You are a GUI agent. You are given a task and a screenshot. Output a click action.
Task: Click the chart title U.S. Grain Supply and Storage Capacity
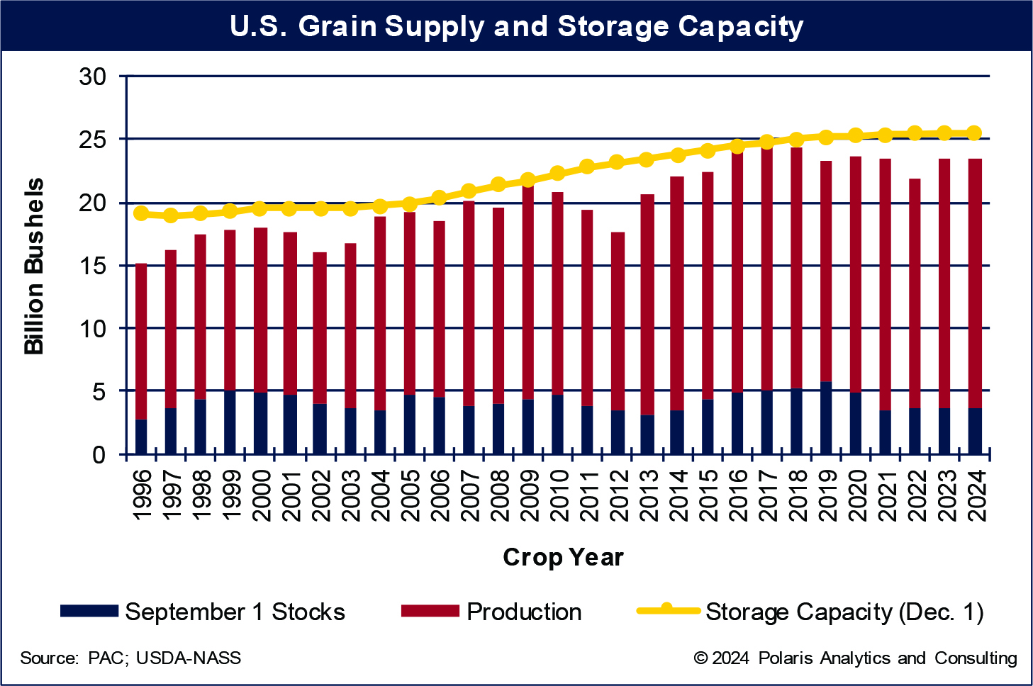pos(516,26)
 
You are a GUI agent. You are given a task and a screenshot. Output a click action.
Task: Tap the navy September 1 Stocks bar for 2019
pos(825,418)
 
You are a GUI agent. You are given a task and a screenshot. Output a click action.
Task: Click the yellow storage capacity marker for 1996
pos(141,213)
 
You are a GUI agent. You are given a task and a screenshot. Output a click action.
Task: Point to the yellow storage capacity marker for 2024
pos(974,133)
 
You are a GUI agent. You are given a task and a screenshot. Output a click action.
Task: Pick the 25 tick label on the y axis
pos(92,140)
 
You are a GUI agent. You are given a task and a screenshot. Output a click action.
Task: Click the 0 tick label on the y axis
pos(99,454)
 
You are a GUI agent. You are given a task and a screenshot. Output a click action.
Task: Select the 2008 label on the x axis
pos(498,494)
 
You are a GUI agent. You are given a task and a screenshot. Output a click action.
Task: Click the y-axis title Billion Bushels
pos(34,266)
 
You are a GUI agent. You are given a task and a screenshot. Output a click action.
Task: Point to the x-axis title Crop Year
pos(563,557)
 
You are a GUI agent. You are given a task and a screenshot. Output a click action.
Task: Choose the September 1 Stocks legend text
pos(235,612)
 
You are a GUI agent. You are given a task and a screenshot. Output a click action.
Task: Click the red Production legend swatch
pos(430,611)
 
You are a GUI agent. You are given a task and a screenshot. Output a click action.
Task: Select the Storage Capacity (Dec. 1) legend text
pos(844,612)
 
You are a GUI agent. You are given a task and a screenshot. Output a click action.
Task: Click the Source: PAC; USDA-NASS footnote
pos(130,658)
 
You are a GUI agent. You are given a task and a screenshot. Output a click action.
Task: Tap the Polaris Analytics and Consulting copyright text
pos(855,658)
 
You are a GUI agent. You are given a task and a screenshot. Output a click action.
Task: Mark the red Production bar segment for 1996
pos(141,341)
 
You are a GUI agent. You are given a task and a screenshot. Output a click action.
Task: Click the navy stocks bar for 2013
pos(647,434)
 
